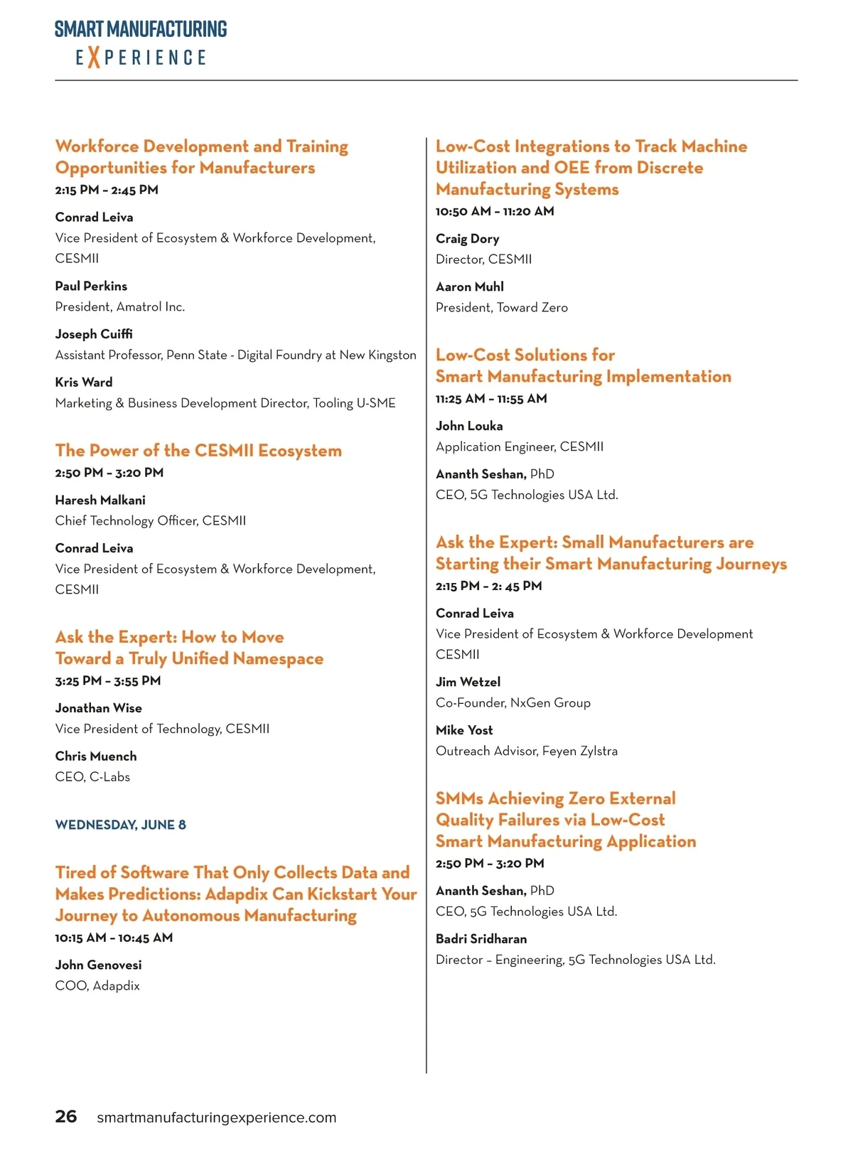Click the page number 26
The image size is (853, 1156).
click(x=65, y=1116)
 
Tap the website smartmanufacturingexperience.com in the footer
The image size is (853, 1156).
click(x=216, y=1118)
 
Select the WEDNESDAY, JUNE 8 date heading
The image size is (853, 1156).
click(x=120, y=825)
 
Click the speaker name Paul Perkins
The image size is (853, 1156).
click(x=91, y=286)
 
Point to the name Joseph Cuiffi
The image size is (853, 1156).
click(x=94, y=334)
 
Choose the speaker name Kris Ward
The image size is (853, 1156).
click(x=84, y=382)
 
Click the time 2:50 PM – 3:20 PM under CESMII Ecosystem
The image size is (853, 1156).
click(x=109, y=473)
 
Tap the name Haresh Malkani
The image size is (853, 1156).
click(x=100, y=500)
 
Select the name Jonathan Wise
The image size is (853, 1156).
click(x=98, y=708)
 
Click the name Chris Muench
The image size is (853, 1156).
click(x=96, y=756)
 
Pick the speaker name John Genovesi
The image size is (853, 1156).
click(x=98, y=965)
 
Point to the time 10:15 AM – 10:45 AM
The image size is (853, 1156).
click(x=114, y=938)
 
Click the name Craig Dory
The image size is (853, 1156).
click(x=467, y=239)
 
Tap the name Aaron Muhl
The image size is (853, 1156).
click(x=469, y=287)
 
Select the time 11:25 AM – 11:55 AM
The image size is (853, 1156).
click(x=491, y=399)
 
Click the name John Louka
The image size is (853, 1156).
click(x=469, y=426)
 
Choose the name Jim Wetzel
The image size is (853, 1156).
click(x=468, y=682)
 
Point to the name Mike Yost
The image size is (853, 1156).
click(x=464, y=730)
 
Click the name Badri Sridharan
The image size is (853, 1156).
click(x=481, y=938)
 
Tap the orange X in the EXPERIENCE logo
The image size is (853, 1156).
click(x=93, y=57)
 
